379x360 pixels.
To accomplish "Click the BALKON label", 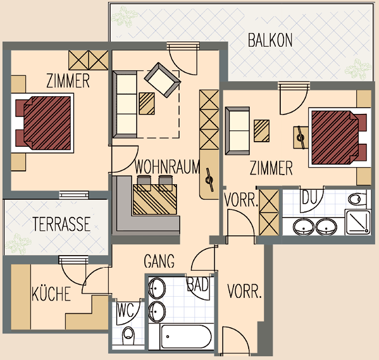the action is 270,40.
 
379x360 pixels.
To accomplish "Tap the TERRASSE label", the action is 61,224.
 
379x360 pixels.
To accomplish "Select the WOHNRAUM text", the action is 167,166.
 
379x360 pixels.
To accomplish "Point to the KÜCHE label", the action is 51,294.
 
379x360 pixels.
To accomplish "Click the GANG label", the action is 159,261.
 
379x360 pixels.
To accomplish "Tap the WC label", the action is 126,310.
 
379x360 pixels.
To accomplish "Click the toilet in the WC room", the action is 128,335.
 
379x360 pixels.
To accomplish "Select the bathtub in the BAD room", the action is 186,337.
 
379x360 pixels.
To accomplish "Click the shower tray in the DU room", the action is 357,222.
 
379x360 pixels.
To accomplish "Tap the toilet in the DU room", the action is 358,199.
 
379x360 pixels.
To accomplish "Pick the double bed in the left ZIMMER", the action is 43,123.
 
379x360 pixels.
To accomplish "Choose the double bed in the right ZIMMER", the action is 339,137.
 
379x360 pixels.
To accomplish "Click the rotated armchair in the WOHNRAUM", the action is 163,80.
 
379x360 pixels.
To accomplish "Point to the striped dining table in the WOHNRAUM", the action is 154,199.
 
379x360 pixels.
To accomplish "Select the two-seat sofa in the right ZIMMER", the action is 237,131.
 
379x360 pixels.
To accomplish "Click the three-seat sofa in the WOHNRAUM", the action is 125,104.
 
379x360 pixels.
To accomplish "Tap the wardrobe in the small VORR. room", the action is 269,213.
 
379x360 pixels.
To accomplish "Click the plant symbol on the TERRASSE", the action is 18,244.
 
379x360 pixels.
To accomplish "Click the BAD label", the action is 197,284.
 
